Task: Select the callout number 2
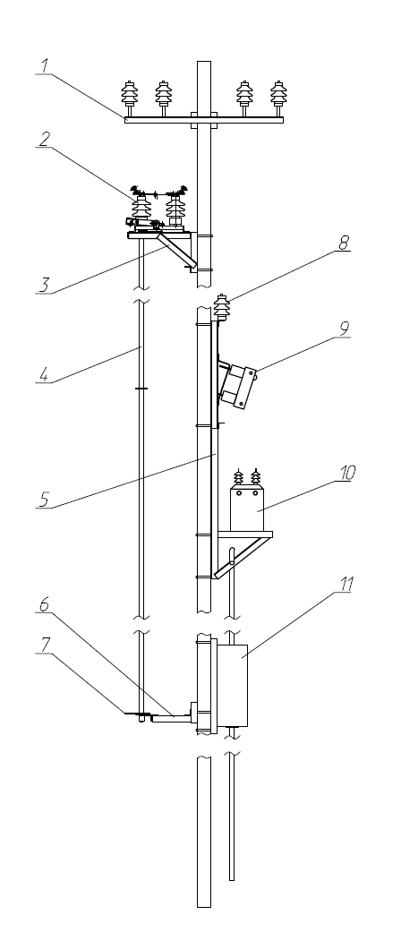[x=44, y=138]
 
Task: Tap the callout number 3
[x=44, y=285]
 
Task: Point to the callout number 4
[x=43, y=374]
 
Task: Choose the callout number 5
[x=43, y=500]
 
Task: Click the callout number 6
[x=44, y=603]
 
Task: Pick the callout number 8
[x=344, y=242]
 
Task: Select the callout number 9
[x=344, y=328]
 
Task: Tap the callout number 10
[x=347, y=473]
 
